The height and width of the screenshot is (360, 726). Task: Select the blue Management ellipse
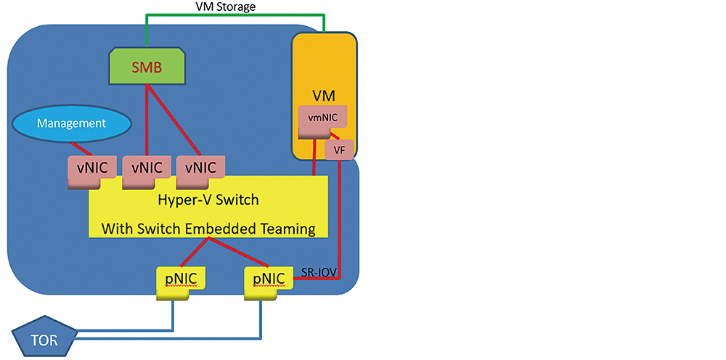(x=71, y=124)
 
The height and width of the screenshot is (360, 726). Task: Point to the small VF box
(x=339, y=150)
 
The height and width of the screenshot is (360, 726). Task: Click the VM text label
(x=323, y=95)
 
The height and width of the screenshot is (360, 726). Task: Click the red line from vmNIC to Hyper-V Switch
(x=313, y=156)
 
